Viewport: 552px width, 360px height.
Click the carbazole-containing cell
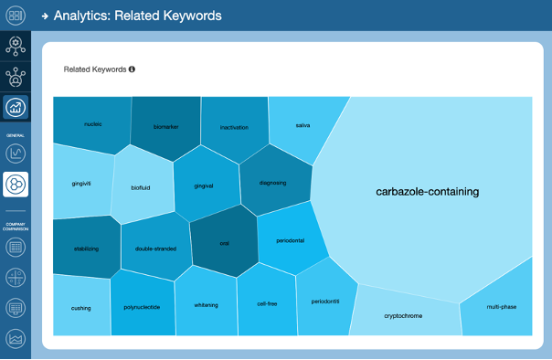[x=427, y=192]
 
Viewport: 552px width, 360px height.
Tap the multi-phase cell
[x=501, y=307]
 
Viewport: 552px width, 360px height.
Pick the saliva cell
[x=303, y=126]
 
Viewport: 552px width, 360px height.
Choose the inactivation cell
[x=234, y=128]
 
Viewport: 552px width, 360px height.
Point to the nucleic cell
[x=92, y=123]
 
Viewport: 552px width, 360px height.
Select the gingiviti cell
[x=81, y=183]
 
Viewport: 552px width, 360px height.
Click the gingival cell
[x=204, y=185]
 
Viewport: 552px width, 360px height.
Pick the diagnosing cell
[x=273, y=183]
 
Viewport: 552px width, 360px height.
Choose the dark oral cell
[x=224, y=243]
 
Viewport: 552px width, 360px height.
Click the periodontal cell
[x=290, y=240]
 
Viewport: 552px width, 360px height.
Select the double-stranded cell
[x=155, y=249]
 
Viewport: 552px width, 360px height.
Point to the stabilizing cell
[x=86, y=248]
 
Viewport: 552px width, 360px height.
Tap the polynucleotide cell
[x=142, y=307]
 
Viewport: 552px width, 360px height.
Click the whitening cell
[x=207, y=305]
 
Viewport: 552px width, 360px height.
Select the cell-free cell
[x=267, y=304]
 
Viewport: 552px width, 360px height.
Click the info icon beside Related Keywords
[x=133, y=69]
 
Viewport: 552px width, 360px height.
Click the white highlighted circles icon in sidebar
[x=16, y=185]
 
